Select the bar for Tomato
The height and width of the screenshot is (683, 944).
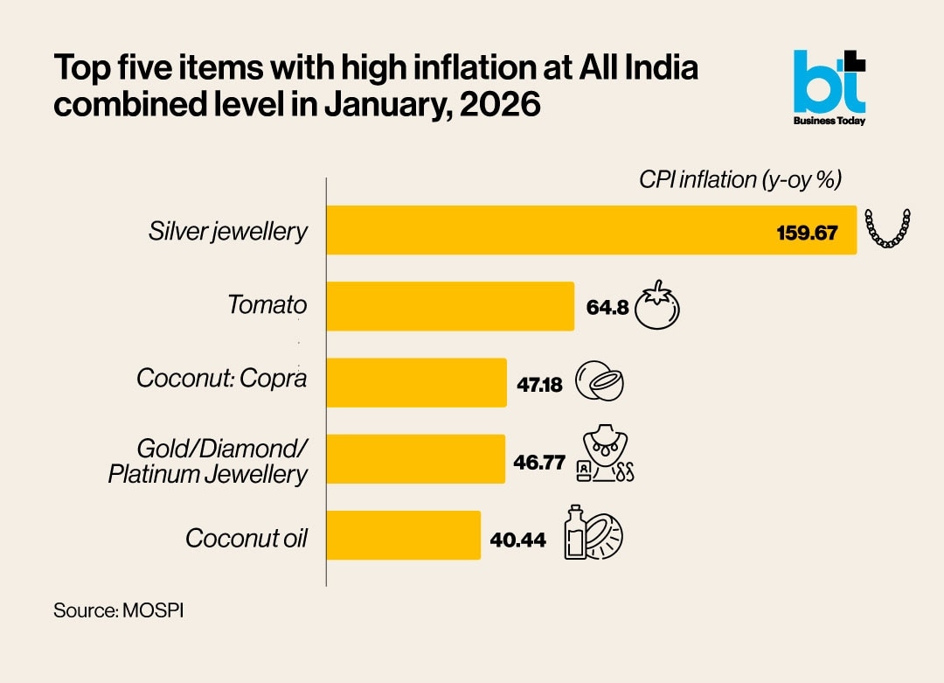tap(450, 306)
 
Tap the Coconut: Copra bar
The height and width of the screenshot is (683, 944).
tap(416, 382)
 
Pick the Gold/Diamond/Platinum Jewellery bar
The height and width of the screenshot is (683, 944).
tap(415, 458)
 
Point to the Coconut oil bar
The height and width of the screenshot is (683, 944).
tap(403, 535)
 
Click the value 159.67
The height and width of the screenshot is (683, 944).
tap(807, 233)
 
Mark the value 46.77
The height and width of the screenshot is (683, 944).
tap(539, 461)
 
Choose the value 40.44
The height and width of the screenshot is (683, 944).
tap(517, 540)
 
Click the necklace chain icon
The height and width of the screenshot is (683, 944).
tap(887, 229)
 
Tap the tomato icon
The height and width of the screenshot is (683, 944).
tap(657, 305)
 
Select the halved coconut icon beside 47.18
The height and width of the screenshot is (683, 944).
tap(600, 382)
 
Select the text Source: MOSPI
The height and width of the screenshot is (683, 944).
tap(118, 610)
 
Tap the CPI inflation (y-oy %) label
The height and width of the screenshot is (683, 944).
tap(739, 181)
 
